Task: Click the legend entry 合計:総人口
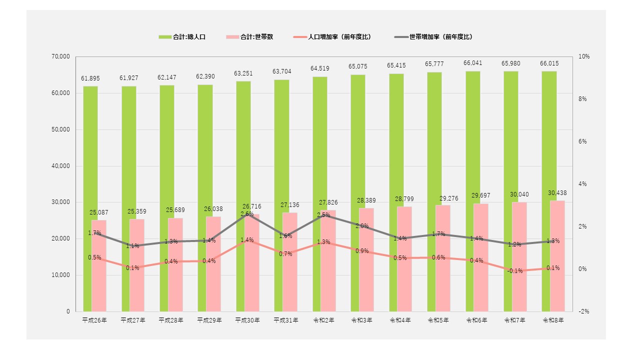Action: click(182, 37)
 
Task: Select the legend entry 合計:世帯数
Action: click(249, 37)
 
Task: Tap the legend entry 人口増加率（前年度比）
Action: click(332, 37)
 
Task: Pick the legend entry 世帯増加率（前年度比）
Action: click(433, 37)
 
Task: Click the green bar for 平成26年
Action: click(90, 199)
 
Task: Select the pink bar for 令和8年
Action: click(557, 256)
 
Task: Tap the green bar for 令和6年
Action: click(473, 191)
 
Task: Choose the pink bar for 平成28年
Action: click(175, 265)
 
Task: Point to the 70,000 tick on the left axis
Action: click(60, 56)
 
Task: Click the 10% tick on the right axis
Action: click(584, 56)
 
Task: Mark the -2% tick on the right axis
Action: click(584, 311)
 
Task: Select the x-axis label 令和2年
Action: click(323, 320)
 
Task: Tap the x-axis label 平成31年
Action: click(285, 320)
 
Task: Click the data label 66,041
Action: click(473, 63)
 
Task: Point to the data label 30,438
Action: click(557, 193)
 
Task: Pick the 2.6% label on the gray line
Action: click(247, 214)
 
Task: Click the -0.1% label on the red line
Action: click(515, 271)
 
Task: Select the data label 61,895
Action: click(90, 78)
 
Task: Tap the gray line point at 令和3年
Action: click(362, 226)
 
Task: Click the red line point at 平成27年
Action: click(132, 267)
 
